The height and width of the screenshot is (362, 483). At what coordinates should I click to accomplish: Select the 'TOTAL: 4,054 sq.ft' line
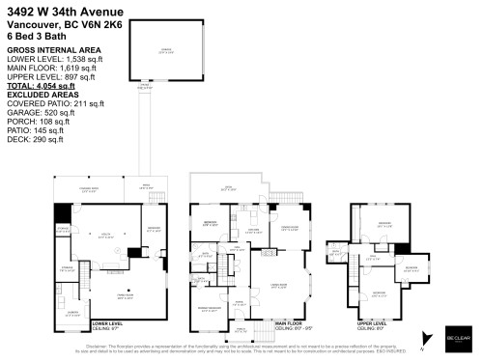44,86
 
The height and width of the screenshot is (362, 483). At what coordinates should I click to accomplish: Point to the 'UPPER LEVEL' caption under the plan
372,325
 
